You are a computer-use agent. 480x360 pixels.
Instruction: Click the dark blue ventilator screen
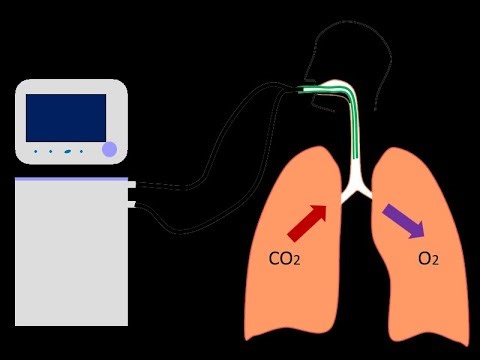click(x=66, y=117)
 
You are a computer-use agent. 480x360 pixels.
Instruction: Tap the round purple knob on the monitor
click(x=110, y=151)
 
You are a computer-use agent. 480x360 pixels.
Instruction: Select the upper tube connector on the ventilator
click(x=133, y=185)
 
